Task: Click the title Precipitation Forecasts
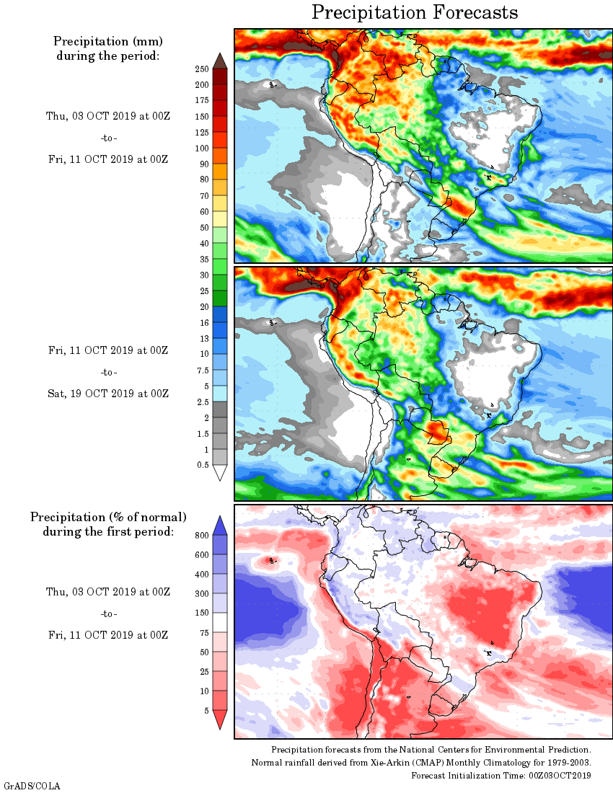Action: (x=415, y=12)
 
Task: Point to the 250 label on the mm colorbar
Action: (x=201, y=69)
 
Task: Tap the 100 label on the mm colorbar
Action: (x=201, y=149)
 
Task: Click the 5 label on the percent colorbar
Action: (x=206, y=711)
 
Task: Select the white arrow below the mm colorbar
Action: (x=221, y=473)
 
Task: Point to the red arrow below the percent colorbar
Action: (x=221, y=719)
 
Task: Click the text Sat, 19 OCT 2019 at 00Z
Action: (x=108, y=394)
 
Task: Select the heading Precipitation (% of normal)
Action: (x=108, y=517)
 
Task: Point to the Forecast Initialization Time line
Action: (x=501, y=775)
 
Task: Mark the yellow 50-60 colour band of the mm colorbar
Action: (x=221, y=219)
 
